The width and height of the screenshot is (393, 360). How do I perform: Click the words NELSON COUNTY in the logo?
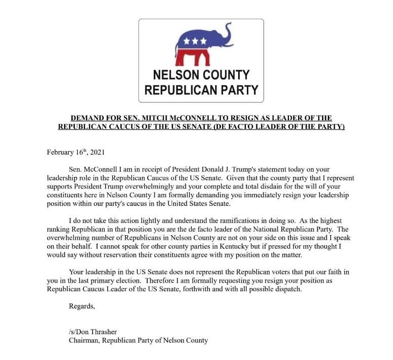coord(201,75)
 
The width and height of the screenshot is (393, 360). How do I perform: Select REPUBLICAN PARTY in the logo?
coord(201,91)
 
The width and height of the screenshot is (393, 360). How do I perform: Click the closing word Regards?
coord(81,306)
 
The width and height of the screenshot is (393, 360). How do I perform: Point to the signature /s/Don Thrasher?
coord(93,332)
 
